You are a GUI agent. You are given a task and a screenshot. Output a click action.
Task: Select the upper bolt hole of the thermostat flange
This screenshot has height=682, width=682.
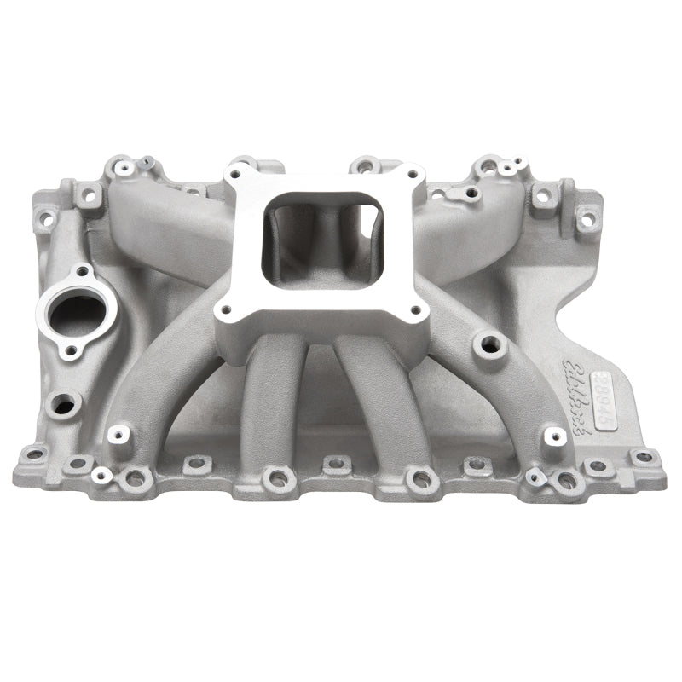[83, 272]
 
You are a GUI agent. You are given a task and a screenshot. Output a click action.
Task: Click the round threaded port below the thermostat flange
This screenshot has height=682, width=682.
[63, 405]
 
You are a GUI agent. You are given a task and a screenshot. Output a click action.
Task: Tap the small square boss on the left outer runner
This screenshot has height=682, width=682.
[118, 434]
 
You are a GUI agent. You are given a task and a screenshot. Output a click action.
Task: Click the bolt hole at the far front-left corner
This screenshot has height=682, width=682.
[34, 454]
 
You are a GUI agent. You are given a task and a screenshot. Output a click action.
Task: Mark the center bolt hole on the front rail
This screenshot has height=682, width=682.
[335, 465]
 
